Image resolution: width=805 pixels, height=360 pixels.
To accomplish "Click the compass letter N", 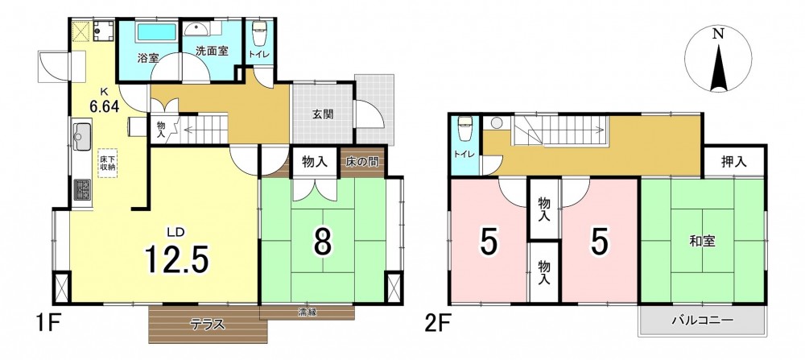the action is [x=718, y=35].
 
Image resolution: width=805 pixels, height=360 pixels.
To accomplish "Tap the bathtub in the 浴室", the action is [x=157, y=32].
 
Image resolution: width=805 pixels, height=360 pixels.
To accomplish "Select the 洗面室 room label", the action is [x=212, y=52].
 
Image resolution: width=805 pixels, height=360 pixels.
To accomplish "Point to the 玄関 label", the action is [x=323, y=114].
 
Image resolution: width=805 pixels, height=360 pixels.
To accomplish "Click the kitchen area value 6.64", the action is [x=104, y=107].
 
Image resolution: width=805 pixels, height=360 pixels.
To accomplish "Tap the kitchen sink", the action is [x=82, y=136].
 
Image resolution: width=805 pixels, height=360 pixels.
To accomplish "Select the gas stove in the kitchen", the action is [x=82, y=189].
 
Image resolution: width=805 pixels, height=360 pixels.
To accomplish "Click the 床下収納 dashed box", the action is [x=109, y=163].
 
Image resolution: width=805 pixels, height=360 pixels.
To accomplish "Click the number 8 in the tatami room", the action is [x=323, y=242].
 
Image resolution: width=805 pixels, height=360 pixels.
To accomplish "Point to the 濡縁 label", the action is [x=307, y=311].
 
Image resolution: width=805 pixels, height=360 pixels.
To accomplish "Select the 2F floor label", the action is [x=438, y=324].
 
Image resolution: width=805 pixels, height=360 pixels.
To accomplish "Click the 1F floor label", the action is [x=49, y=324].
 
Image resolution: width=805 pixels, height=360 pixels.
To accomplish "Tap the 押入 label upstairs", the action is [x=733, y=163].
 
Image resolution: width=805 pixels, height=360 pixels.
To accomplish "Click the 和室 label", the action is [x=702, y=240].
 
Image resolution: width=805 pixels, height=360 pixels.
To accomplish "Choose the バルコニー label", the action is [x=702, y=321].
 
